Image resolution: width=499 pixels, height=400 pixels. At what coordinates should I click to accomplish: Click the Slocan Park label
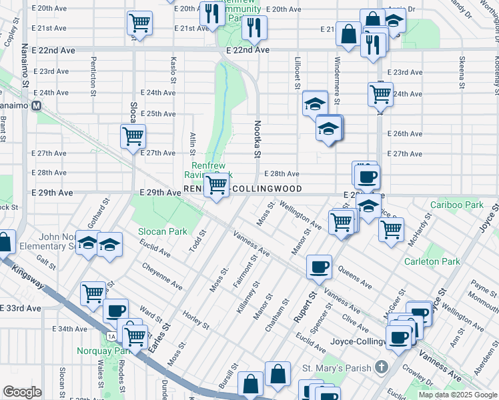(x=162, y=231)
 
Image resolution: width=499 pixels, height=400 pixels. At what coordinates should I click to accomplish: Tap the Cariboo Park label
(x=457, y=205)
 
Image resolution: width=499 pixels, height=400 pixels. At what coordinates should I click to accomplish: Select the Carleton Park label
(x=432, y=261)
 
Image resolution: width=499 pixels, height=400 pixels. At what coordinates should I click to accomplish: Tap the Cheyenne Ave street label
(x=162, y=276)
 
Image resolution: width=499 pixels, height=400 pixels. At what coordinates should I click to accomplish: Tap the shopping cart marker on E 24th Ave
(x=380, y=93)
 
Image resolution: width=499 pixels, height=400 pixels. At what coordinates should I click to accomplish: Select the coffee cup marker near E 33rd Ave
(x=116, y=310)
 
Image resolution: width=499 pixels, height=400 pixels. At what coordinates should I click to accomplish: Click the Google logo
(x=21, y=392)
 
